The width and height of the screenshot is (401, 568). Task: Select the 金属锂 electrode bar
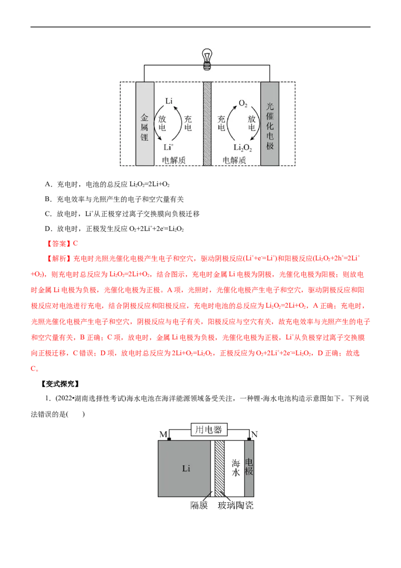click(144, 124)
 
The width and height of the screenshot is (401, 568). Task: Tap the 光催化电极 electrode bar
click(270, 124)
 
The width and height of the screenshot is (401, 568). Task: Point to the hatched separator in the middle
click(207, 124)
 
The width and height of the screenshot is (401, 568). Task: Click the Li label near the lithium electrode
click(169, 101)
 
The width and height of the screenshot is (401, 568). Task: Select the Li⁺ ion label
click(168, 147)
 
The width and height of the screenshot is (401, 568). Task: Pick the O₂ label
click(243, 103)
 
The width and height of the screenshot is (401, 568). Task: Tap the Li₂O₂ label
click(243, 148)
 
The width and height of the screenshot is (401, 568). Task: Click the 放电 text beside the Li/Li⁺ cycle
click(162, 124)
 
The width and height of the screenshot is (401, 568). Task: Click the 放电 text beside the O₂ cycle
click(252, 124)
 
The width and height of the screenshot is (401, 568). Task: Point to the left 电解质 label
click(173, 160)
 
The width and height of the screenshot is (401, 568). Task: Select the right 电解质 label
click(234, 160)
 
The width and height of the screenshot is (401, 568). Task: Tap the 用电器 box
click(209, 430)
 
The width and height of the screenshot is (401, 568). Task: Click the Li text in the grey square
click(185, 469)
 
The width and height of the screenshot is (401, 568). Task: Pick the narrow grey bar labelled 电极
click(249, 469)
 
